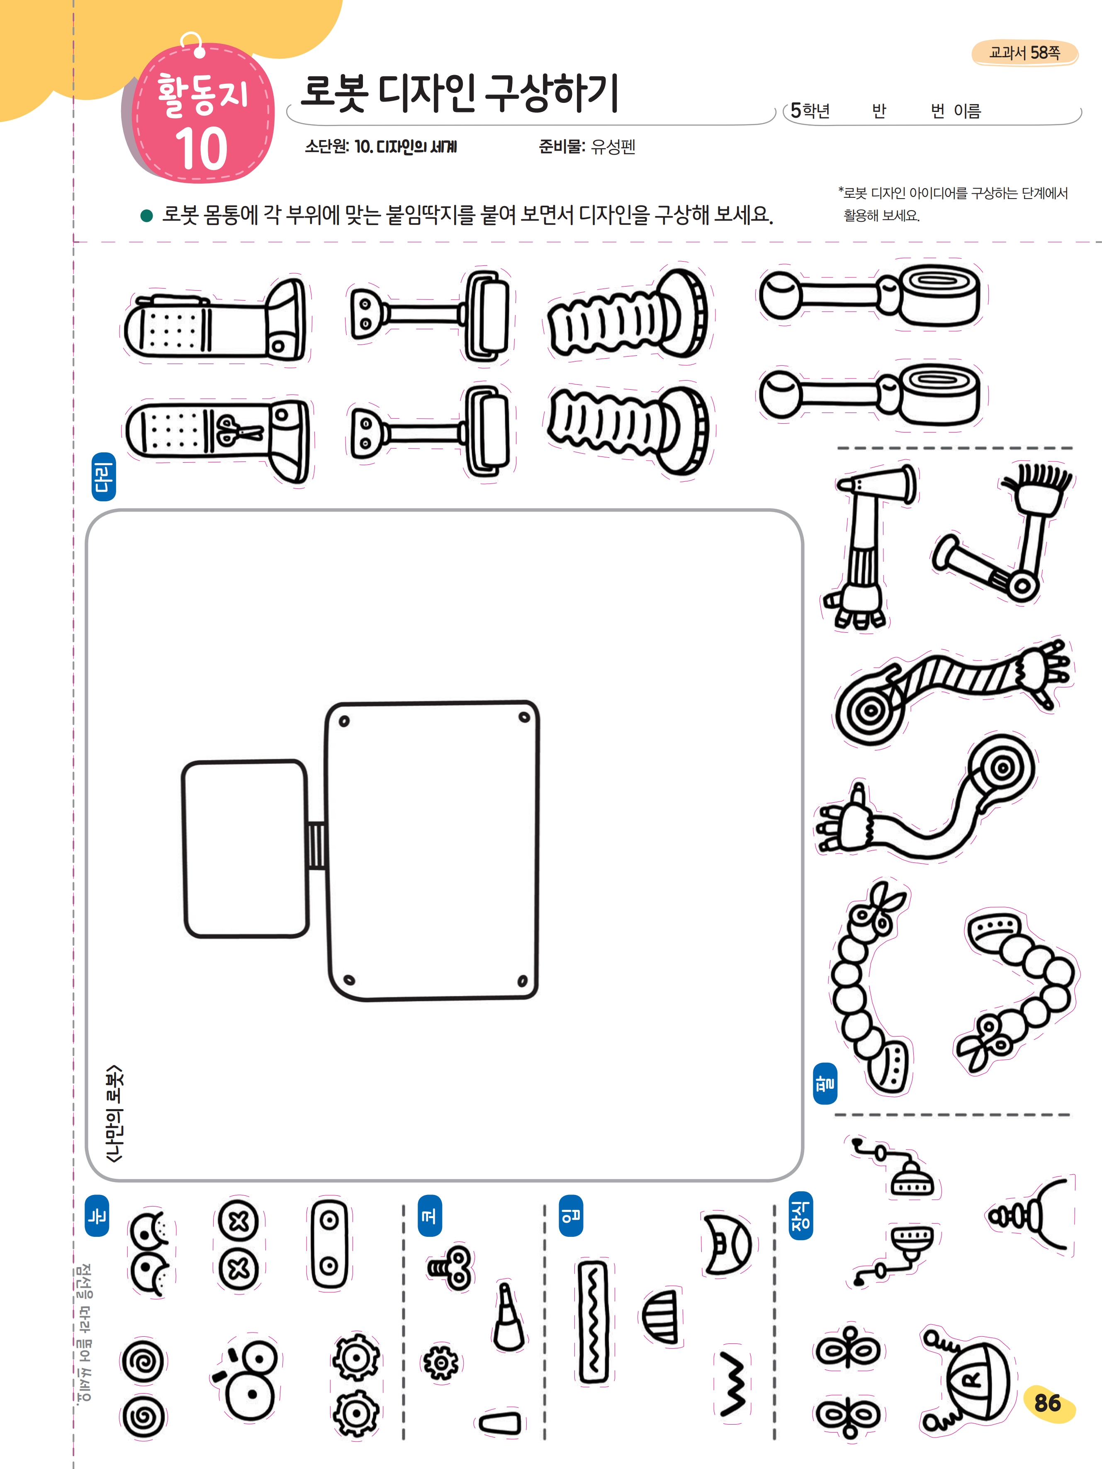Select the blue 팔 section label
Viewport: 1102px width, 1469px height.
click(x=825, y=1083)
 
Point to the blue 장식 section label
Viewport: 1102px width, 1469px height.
click(x=800, y=1215)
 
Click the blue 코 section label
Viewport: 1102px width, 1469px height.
click(x=429, y=1215)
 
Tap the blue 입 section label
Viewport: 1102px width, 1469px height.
click(x=570, y=1215)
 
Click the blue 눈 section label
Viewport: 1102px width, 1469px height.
click(x=97, y=1215)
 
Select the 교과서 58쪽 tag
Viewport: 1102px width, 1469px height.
click(x=1024, y=53)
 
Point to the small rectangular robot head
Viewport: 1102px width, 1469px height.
click(x=245, y=848)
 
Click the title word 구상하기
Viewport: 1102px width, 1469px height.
click(x=551, y=93)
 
